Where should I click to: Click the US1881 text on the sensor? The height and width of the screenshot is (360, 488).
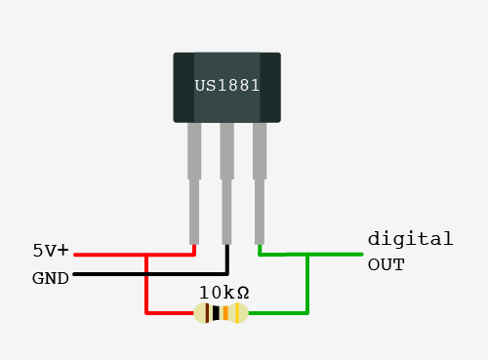click(x=227, y=86)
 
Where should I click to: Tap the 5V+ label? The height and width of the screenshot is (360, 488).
click(x=51, y=251)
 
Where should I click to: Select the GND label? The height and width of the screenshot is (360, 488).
click(x=51, y=278)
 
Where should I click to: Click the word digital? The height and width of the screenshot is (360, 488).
click(x=410, y=239)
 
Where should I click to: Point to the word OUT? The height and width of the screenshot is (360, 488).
click(x=386, y=264)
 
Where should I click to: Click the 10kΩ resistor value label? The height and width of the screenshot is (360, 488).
click(x=224, y=293)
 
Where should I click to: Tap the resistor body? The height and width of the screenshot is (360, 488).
click(x=221, y=313)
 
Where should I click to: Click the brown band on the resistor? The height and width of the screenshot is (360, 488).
click(x=207, y=313)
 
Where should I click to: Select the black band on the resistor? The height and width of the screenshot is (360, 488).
click(x=216, y=313)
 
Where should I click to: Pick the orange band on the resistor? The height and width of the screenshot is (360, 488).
click(x=225, y=313)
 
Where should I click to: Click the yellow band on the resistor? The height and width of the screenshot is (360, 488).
click(x=237, y=313)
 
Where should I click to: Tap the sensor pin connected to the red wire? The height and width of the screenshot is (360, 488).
click(x=194, y=183)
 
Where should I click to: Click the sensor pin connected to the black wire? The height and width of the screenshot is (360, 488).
click(x=226, y=183)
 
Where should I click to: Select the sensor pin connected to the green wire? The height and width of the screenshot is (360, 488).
click(x=260, y=183)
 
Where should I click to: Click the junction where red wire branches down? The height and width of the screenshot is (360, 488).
click(x=146, y=255)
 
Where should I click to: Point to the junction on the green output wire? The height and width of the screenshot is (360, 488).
click(x=307, y=255)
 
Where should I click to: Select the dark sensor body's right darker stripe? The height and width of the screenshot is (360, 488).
click(x=270, y=88)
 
